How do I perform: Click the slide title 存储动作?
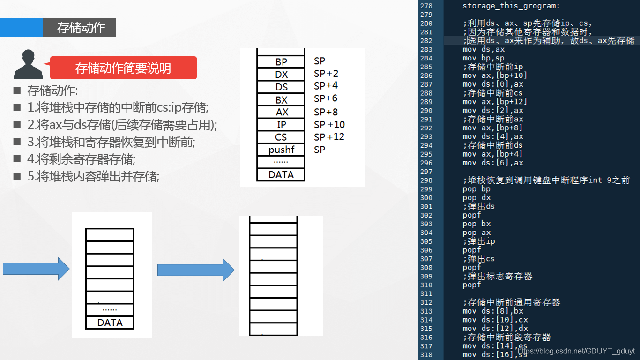[x=81, y=28]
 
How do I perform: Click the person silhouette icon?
[x=29, y=64]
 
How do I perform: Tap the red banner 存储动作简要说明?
[x=123, y=68]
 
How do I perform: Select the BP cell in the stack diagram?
[x=281, y=62]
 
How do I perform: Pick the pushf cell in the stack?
[x=281, y=150]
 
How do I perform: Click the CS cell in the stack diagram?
[x=281, y=137]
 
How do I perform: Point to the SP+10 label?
[x=329, y=125]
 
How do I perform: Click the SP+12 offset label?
[x=329, y=137]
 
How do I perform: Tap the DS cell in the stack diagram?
[x=281, y=87]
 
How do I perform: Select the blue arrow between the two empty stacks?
[x=195, y=270]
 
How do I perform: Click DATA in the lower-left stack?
[x=110, y=322]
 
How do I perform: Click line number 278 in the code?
[x=426, y=6]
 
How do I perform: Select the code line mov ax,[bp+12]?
[x=495, y=102]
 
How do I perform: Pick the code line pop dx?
[x=476, y=198]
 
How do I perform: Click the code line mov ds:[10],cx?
[x=495, y=320]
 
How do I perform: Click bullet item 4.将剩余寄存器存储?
[x=81, y=159]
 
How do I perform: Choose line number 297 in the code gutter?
[x=426, y=172]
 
